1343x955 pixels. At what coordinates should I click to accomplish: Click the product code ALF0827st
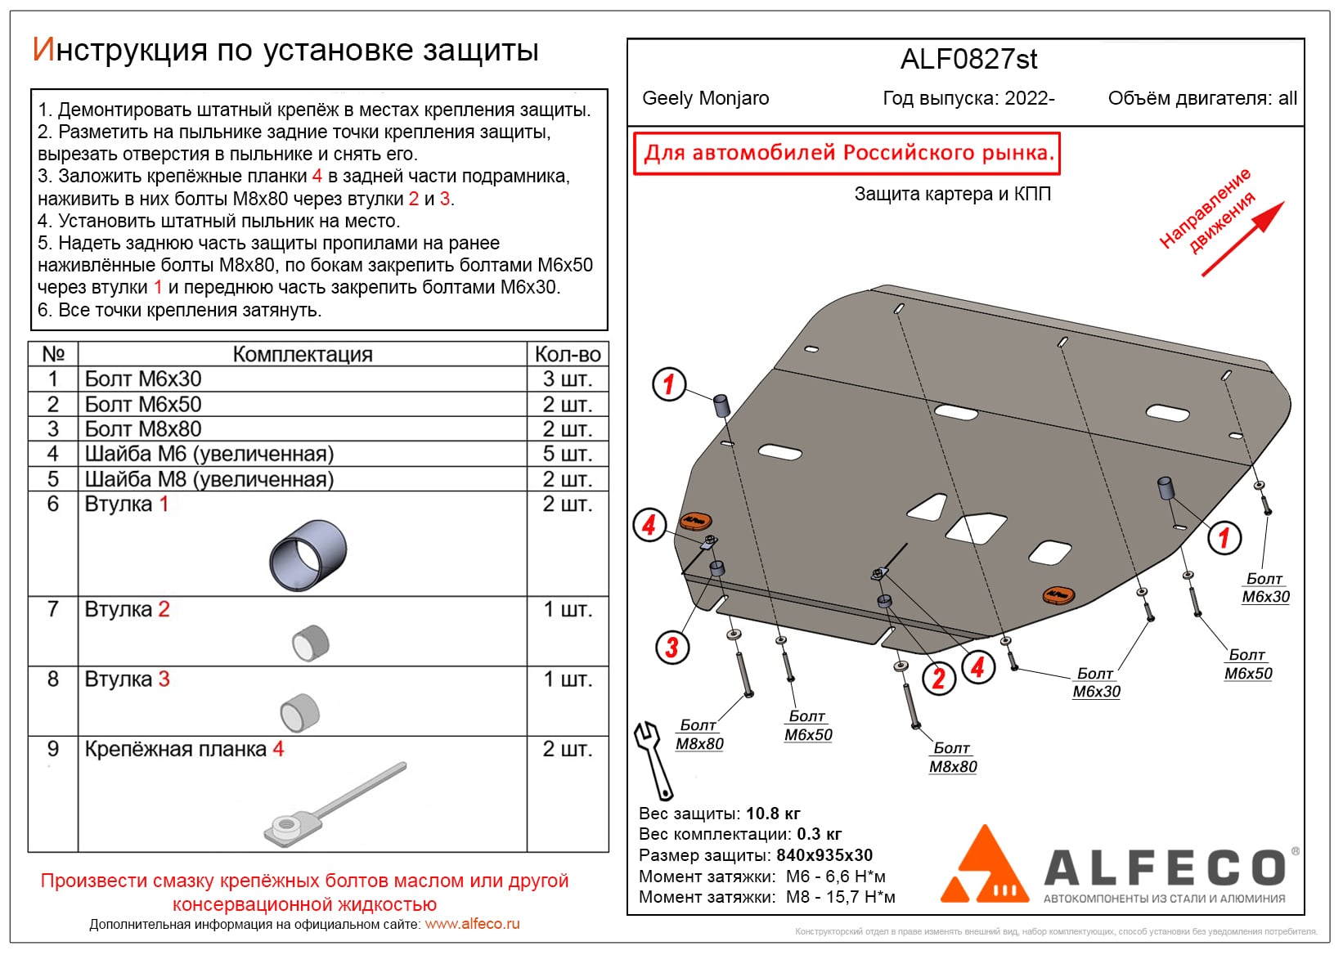pos(968,60)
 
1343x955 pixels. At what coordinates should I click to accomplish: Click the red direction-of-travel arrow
pos(1242,239)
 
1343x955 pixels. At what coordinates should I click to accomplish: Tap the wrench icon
pos(653,760)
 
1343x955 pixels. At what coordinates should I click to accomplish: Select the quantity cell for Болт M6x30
pos(567,379)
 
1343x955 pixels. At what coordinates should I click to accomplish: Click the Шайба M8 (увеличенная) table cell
pos(209,479)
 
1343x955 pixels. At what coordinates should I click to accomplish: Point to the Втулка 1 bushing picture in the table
pos(308,554)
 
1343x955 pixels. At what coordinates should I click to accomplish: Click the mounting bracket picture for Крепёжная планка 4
pos(335,806)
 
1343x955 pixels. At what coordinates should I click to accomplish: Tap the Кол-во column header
pos(567,354)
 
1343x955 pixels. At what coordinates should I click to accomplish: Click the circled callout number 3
pos(671,648)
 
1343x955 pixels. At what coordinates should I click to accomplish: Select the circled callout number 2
pos(938,678)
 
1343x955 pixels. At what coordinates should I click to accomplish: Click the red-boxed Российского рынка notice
pos(847,154)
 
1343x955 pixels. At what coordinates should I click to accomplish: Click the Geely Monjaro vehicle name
pos(705,99)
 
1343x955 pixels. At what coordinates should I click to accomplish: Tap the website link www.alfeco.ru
pos(472,924)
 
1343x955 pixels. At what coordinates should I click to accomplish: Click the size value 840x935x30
pos(824,855)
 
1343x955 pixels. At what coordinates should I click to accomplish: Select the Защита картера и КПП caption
pos(952,195)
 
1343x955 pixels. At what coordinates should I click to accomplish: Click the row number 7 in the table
pos(53,609)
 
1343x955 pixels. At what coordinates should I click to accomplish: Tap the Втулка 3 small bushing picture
pos(299,711)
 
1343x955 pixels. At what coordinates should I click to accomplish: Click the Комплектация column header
pos(303,354)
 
